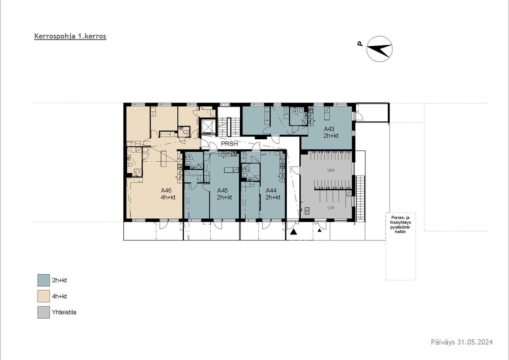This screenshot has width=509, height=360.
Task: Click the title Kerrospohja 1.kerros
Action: pos(70,36)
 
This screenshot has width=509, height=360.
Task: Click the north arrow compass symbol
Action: pos(379,49)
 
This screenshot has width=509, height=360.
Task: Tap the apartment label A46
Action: pos(166,191)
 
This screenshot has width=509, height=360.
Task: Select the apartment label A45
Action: pos(222,191)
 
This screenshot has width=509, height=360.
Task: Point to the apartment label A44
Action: pos(271,191)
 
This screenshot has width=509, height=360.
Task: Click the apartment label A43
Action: pos(329,129)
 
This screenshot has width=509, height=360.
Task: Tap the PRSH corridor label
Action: pos(229,144)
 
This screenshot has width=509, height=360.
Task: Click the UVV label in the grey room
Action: pos(331,170)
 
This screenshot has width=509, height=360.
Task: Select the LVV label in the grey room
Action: pos(331,208)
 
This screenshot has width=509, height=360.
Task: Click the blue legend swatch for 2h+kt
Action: pos(43,280)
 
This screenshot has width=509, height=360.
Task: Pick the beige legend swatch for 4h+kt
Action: pos(43,296)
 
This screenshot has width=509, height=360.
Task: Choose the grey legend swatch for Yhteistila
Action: pos(43,312)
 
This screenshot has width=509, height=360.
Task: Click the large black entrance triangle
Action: pos(294,232)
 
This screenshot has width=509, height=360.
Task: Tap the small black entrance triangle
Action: pos(320,230)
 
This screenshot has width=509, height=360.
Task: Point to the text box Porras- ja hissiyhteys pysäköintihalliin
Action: pos(400,225)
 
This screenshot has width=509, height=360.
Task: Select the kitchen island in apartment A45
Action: pos(231,170)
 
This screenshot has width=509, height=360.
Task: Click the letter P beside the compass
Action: pos(359,44)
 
